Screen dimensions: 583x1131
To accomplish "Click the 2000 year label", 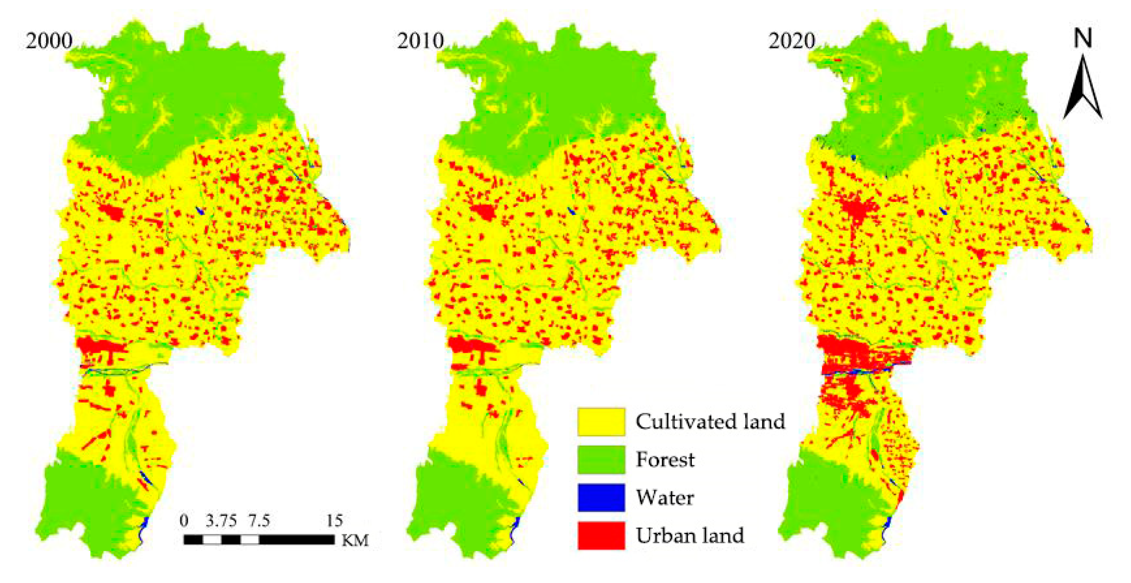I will coord(49,41).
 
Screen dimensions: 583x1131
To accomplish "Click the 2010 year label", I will coord(420,41).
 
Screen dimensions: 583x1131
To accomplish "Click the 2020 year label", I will coord(791,41).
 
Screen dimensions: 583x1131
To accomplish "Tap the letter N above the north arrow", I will coord(1083,38).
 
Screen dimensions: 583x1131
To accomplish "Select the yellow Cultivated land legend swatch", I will coord(601,422).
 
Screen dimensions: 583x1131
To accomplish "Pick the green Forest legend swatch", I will coord(601,459).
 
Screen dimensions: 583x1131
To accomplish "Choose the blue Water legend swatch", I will coord(601,497).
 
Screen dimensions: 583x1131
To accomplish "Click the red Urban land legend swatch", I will coord(601,535).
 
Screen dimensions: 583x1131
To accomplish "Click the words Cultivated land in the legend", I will coord(710,422).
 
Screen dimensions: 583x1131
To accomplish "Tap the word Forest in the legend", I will coord(665,459).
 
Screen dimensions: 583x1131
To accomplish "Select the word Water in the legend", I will coord(665,497).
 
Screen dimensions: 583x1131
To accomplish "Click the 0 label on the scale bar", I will coord(184,521).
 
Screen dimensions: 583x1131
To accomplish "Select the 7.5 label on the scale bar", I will coord(259,521).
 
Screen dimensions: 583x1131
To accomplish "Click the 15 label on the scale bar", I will coord(334,521).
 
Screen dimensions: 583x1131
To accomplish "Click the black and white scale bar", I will coord(259,539).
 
